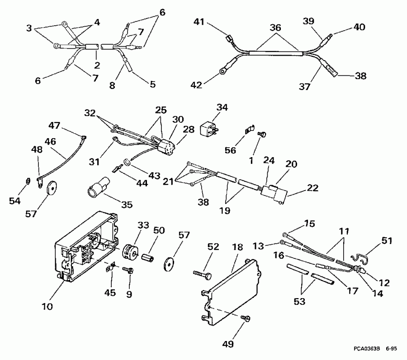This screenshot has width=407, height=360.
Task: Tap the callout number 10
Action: (47, 306)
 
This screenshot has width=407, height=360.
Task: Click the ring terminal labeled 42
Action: (222, 70)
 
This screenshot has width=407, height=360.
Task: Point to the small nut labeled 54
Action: (28, 182)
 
